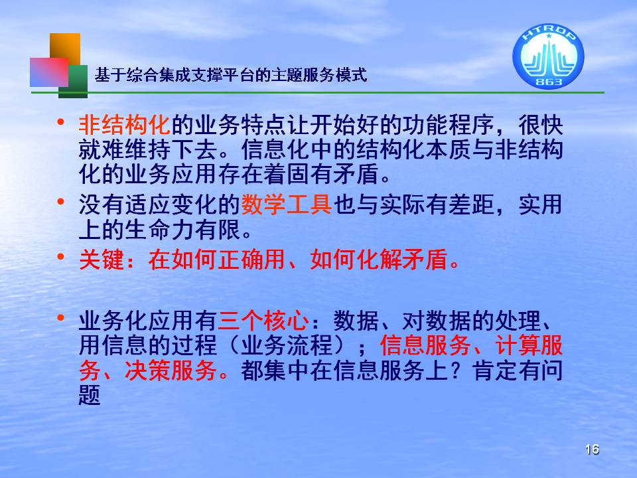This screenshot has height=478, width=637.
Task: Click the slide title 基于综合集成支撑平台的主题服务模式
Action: pyautogui.click(x=231, y=75)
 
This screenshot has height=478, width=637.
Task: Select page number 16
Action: pyautogui.click(x=593, y=449)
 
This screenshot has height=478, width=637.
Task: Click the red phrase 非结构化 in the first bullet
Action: pyautogui.click(x=124, y=124)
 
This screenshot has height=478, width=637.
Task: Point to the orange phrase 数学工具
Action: pyautogui.click(x=287, y=204)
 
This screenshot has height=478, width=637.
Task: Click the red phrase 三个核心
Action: pyautogui.click(x=263, y=321)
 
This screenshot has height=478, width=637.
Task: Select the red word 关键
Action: pyautogui.click(x=101, y=260)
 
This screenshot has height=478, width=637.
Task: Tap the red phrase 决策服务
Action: pyautogui.click(x=171, y=370)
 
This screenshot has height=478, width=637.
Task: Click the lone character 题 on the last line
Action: pyautogui.click(x=90, y=395)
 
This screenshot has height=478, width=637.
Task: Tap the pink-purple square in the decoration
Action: pyautogui.click(x=49, y=72)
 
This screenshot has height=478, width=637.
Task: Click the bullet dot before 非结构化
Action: pyautogui.click(x=61, y=121)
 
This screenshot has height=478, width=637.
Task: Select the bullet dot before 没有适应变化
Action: pyautogui.click(x=61, y=201)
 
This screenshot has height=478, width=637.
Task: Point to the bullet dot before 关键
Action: pyautogui.click(x=61, y=256)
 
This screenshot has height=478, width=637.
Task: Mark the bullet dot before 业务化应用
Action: pyautogui.click(x=61, y=317)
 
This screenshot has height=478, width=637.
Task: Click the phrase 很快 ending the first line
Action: pyautogui.click(x=540, y=124)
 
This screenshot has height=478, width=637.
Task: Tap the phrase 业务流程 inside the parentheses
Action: pyautogui.click(x=287, y=345)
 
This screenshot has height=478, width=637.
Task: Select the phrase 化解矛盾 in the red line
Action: pyautogui.click(x=402, y=260)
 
